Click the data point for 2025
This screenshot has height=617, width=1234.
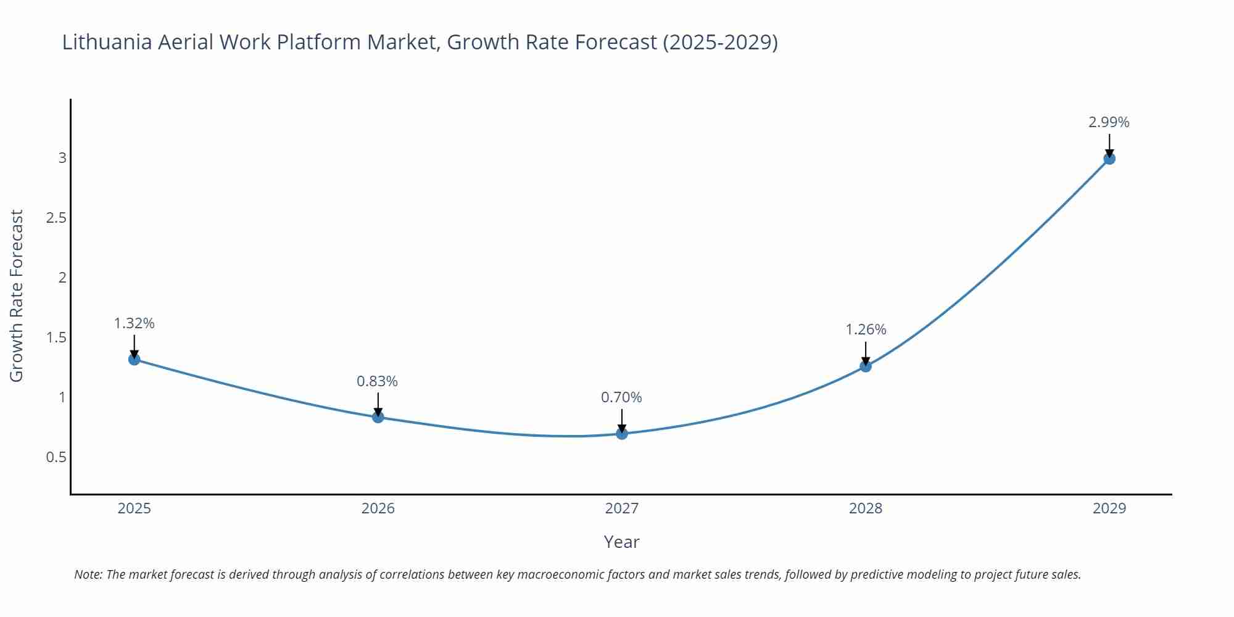[x=135, y=359]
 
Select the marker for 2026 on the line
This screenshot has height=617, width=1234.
[x=378, y=417]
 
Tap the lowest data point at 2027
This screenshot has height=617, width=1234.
[x=622, y=434]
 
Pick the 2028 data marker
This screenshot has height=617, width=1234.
[x=866, y=366]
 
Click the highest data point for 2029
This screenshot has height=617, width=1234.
[x=1109, y=159]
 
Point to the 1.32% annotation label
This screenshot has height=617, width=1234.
[x=135, y=323]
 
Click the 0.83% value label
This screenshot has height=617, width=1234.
[x=378, y=381]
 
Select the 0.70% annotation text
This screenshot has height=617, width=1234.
[x=621, y=397]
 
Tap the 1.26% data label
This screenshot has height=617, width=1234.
[x=866, y=329]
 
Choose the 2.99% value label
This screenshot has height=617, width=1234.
[x=1109, y=122]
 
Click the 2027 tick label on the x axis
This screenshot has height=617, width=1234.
[x=622, y=508]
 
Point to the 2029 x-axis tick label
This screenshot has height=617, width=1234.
[x=1109, y=508]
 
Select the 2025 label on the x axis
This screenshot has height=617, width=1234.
[x=135, y=508]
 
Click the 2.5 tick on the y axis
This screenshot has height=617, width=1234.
[x=56, y=218]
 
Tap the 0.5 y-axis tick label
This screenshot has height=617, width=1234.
[x=56, y=457]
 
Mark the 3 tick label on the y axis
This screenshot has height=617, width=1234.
[x=62, y=158]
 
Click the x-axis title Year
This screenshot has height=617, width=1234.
[x=621, y=542]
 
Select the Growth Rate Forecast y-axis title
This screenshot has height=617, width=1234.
[x=17, y=296]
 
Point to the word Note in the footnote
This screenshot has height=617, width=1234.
[x=88, y=574]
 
